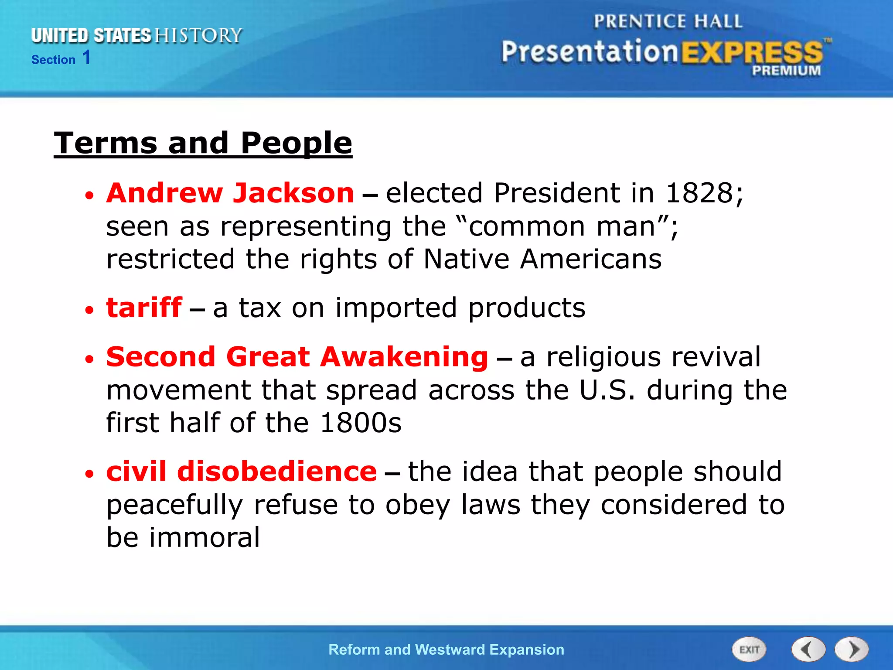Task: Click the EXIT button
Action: click(x=749, y=649)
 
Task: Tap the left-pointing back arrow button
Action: click(x=808, y=649)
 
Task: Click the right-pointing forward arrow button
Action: click(x=852, y=649)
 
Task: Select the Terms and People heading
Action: click(x=203, y=143)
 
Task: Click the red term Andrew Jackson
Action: click(x=230, y=193)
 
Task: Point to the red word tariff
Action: click(x=144, y=308)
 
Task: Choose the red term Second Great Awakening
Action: click(x=297, y=357)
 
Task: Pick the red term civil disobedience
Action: click(x=241, y=472)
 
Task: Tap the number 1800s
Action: click(x=361, y=423)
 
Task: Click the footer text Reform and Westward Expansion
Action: click(x=446, y=649)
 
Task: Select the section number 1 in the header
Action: click(x=86, y=58)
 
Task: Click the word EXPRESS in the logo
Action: click(x=752, y=53)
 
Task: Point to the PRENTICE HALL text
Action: click(x=668, y=21)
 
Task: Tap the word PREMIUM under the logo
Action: click(x=786, y=71)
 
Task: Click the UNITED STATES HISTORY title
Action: click(x=136, y=36)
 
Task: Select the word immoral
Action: click(x=205, y=537)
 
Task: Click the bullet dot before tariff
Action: click(x=89, y=310)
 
